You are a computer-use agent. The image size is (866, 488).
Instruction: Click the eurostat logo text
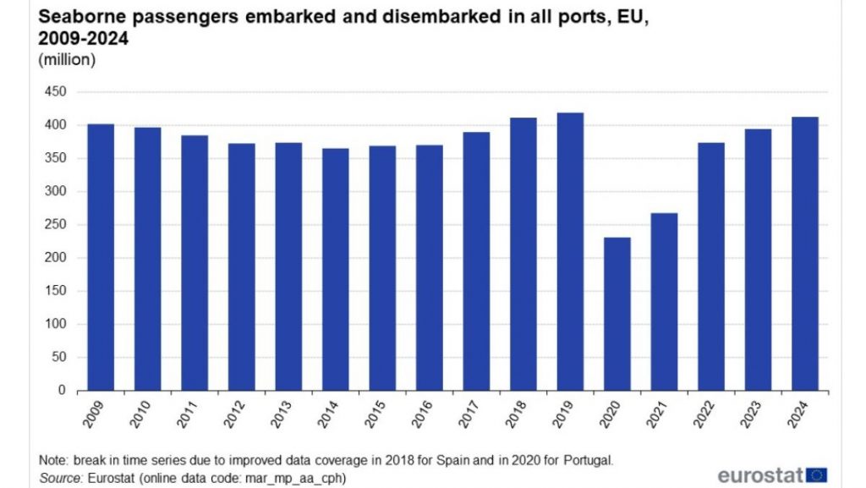(x=760, y=474)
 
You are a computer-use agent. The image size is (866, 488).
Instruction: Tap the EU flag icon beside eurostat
(x=817, y=474)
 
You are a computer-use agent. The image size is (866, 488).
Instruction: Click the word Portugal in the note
(x=584, y=460)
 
